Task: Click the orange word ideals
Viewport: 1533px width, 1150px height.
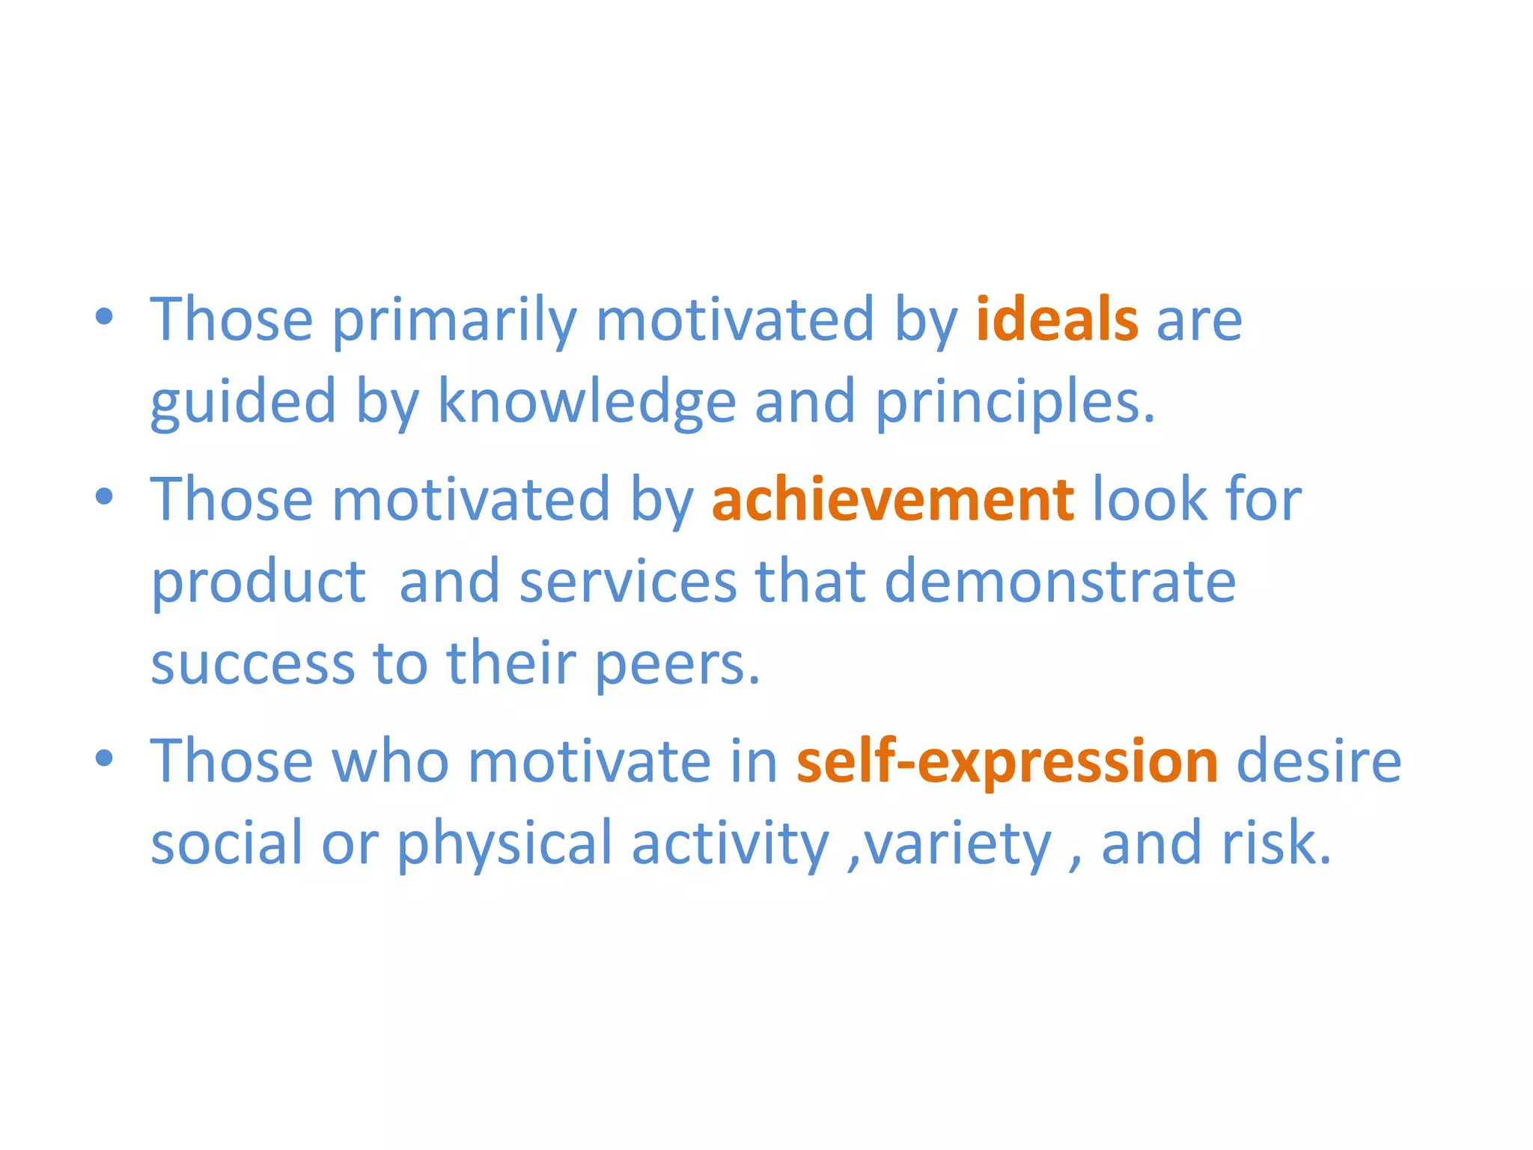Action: click(x=1057, y=320)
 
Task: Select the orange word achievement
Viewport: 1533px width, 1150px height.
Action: click(x=892, y=500)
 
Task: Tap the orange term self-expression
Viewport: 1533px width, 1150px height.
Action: click(x=1007, y=761)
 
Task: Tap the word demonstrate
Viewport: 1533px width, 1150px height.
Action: click(x=1060, y=582)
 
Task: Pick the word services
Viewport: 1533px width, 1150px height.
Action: click(x=628, y=582)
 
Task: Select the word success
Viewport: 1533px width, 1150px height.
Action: click(x=252, y=664)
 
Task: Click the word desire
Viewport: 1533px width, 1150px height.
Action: click(x=1319, y=761)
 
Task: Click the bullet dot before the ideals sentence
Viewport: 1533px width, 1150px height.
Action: click(x=105, y=317)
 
